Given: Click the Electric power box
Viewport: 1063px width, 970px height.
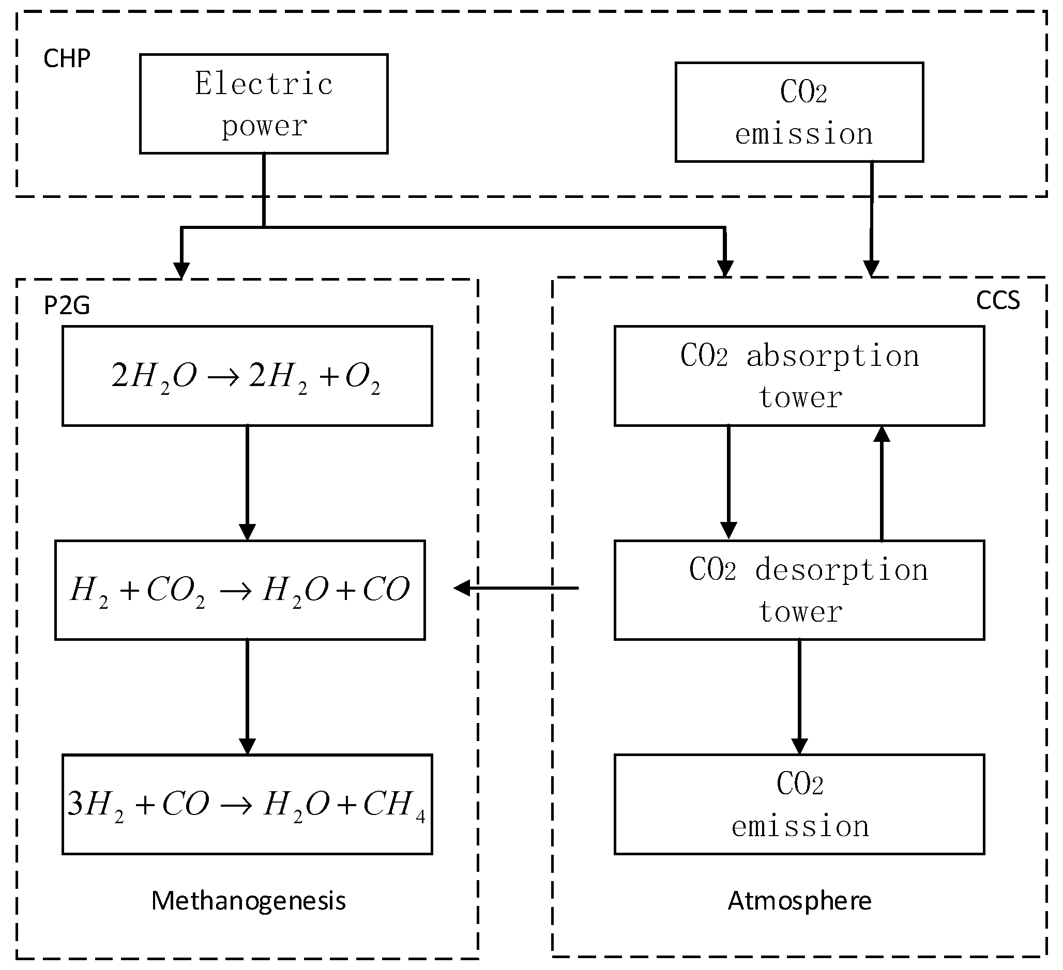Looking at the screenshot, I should pos(264,104).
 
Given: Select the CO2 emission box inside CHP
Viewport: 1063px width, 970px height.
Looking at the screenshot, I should pos(799,112).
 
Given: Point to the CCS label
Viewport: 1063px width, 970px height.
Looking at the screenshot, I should pos(998,300).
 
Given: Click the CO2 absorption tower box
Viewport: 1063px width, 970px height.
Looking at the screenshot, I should pos(799,376).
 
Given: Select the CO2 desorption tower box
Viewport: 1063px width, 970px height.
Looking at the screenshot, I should pos(799,590).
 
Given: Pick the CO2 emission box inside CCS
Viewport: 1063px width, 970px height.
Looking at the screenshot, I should pos(799,805).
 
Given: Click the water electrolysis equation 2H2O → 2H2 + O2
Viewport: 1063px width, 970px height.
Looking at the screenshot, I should pos(247,376).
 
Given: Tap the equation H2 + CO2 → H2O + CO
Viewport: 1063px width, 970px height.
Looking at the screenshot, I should pos(240,590).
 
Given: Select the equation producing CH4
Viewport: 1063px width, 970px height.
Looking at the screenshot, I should pos(247,805).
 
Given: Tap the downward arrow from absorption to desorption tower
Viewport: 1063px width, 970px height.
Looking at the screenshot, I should pos(728,482).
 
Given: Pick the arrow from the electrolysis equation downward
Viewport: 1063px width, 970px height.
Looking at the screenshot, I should pos(247,482).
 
